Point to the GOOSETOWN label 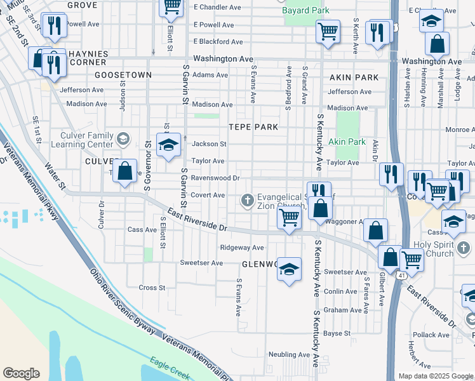pos(123,75)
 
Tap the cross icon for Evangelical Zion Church pos(248,201)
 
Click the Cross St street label pos(152,288)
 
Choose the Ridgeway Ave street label pos(241,248)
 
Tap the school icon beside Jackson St pos(169,146)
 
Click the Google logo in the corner pos(22,373)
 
